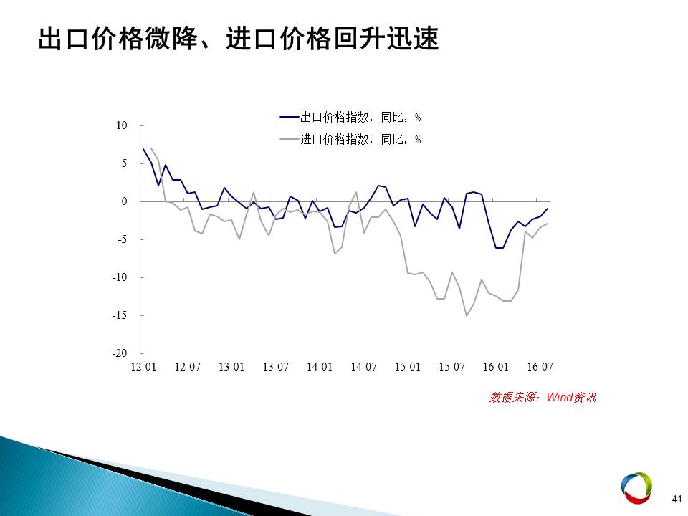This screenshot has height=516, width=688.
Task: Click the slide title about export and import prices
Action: click(x=239, y=39)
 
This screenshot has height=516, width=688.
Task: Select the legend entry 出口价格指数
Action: click(x=350, y=117)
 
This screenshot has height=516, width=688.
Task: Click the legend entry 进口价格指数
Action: click(x=350, y=140)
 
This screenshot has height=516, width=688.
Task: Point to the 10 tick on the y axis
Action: click(x=122, y=125)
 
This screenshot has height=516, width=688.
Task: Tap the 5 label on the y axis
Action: click(x=124, y=163)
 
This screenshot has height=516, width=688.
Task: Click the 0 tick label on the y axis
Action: click(x=124, y=201)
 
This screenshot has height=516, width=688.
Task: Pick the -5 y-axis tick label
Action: click(x=122, y=239)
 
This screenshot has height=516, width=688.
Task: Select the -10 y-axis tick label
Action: click(x=120, y=277)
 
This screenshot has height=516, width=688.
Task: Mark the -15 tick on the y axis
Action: click(x=120, y=315)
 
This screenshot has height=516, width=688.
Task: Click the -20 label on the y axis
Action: click(x=120, y=353)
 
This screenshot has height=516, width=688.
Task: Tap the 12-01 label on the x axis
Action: click(x=143, y=367)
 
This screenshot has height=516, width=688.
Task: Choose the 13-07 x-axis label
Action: click(x=275, y=367)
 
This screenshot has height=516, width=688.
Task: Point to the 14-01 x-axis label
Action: click(x=320, y=367)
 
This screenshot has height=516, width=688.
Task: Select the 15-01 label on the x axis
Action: click(x=408, y=367)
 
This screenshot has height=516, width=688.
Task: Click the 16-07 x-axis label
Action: click(x=540, y=367)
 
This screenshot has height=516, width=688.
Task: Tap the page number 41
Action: click(x=677, y=499)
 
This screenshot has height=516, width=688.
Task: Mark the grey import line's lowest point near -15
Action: click(x=467, y=316)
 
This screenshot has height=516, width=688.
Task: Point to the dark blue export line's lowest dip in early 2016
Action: click(x=500, y=249)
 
